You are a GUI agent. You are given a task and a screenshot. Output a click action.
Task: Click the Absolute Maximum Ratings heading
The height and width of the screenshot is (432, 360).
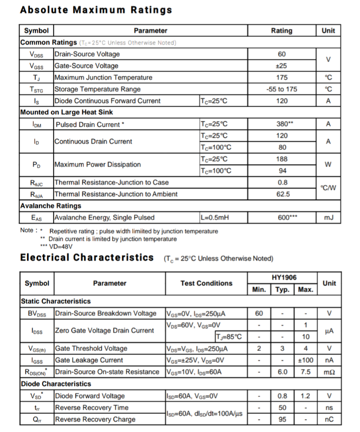[x=96, y=10]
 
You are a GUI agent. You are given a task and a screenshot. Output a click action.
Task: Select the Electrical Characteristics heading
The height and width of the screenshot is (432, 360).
[x=87, y=258]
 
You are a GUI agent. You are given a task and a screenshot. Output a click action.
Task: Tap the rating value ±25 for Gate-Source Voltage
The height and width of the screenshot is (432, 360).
[x=281, y=66]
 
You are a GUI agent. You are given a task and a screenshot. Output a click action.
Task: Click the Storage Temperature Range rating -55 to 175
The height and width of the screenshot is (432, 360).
[x=281, y=89]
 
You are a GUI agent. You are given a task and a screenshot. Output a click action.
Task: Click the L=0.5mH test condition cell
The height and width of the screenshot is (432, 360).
[x=215, y=218]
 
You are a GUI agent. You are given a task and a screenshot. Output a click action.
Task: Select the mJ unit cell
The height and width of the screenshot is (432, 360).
[x=328, y=218]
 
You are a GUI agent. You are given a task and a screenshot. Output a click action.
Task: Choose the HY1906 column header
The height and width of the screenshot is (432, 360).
[x=282, y=277]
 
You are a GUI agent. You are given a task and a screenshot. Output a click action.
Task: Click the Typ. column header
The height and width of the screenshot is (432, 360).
[x=282, y=290]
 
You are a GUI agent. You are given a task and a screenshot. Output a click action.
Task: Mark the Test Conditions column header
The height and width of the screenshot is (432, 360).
[x=206, y=283]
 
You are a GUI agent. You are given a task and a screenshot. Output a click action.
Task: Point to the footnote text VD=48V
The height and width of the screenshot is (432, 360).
[x=60, y=246]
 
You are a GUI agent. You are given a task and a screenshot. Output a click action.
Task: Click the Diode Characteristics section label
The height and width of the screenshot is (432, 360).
[x=55, y=384]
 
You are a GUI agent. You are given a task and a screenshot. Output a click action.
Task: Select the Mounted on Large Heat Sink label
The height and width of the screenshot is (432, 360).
[x=66, y=112]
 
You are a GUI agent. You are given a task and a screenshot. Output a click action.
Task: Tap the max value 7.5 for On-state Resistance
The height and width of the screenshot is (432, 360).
[x=305, y=372]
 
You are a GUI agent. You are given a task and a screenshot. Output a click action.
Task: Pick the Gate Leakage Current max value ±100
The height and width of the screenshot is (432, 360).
[x=305, y=360]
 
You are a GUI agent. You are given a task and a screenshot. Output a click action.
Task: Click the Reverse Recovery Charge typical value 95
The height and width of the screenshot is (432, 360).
[x=282, y=419]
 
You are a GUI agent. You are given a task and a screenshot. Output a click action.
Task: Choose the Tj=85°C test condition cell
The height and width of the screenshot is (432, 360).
[x=228, y=336]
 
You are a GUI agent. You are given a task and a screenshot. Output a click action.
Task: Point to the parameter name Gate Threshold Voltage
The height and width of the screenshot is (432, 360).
[x=91, y=348]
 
